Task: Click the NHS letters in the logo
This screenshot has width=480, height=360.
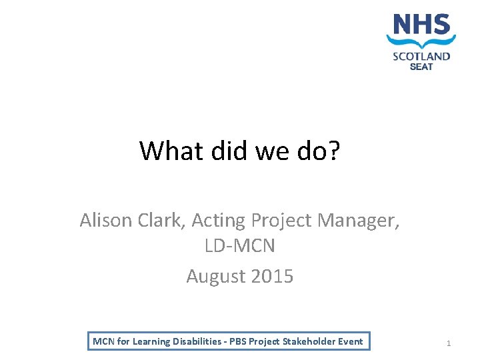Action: click(421, 25)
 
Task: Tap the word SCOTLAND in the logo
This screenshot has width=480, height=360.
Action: click(421, 56)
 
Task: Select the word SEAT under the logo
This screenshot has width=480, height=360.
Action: click(421, 66)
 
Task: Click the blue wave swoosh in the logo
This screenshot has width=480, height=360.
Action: click(421, 41)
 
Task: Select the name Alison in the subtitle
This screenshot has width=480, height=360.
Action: click(105, 219)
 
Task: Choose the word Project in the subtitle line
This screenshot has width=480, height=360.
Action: click(281, 219)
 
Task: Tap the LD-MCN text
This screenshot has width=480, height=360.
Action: click(239, 247)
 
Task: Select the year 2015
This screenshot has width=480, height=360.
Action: click(270, 275)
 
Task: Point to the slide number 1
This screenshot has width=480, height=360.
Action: click(449, 343)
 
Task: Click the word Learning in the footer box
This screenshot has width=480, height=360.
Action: click(153, 341)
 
